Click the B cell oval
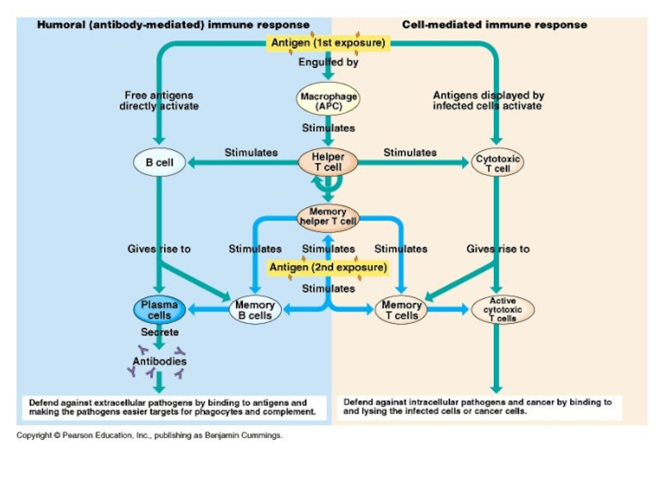click(159, 162)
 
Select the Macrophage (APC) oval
click(329, 101)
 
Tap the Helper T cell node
click(328, 162)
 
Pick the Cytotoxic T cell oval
click(497, 162)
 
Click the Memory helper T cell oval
click(328, 216)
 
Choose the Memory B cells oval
click(254, 310)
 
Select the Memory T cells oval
click(401, 310)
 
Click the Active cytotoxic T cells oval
click(502, 310)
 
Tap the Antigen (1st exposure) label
click(327, 43)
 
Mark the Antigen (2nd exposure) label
click(328, 268)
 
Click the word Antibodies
click(160, 361)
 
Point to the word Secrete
click(159, 332)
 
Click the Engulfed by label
click(328, 63)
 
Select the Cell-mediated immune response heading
click(494, 25)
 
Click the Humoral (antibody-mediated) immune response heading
click(173, 25)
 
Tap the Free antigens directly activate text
click(159, 101)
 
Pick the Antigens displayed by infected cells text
click(488, 101)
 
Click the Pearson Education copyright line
click(150, 435)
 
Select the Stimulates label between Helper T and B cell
click(251, 152)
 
